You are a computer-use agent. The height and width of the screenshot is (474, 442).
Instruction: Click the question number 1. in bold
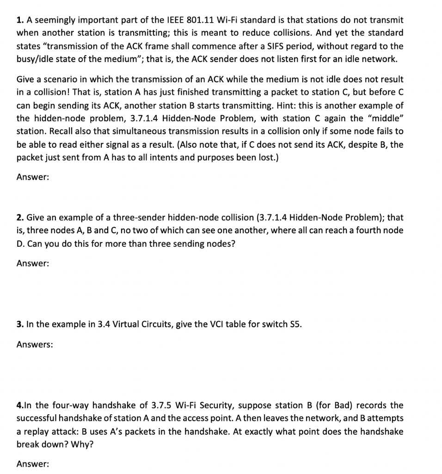pyautogui.click(x=20, y=20)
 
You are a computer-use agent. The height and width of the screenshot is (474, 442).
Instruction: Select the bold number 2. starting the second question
pyautogui.click(x=20, y=217)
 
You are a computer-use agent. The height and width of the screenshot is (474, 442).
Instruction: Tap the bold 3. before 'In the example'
pyautogui.click(x=20, y=324)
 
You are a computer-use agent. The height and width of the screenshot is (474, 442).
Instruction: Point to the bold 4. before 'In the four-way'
pyautogui.click(x=20, y=405)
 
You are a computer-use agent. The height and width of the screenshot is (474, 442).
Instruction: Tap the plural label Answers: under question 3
pyautogui.click(x=35, y=344)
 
